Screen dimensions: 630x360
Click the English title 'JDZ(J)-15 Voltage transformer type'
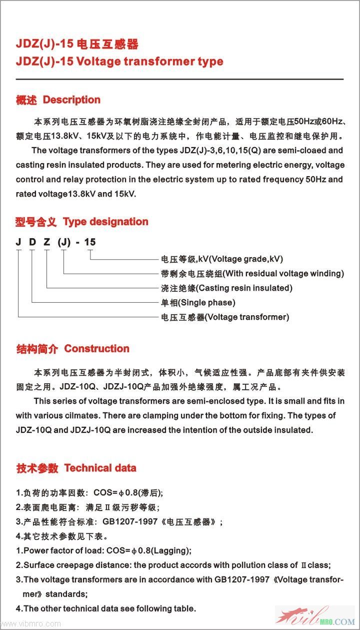(119, 62)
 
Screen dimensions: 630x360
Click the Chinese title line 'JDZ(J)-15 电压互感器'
(77, 44)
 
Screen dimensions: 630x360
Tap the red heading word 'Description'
(71, 100)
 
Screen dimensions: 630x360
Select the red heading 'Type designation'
(105, 222)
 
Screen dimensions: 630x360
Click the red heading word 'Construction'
(96, 349)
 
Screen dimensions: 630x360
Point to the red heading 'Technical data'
(100, 468)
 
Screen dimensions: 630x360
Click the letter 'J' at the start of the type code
(18, 243)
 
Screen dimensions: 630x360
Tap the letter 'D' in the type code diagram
(32, 243)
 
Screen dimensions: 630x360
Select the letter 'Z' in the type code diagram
(46, 243)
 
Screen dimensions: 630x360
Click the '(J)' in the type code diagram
(63, 243)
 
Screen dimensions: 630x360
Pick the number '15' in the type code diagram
(89, 243)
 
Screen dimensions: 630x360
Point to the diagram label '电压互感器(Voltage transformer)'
(224, 317)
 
